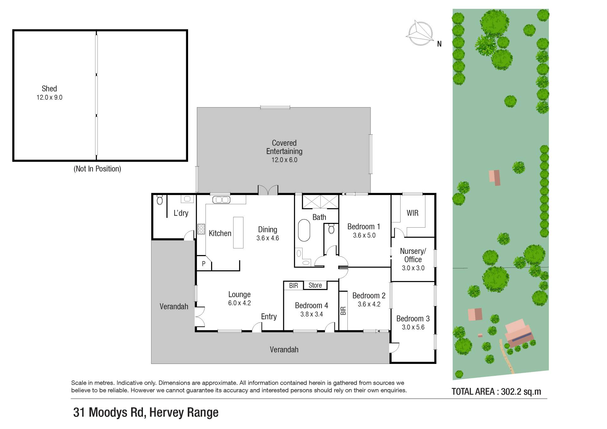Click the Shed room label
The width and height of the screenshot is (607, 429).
49,89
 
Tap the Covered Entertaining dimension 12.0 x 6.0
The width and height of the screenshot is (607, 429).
284,160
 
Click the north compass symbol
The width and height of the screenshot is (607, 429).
420,34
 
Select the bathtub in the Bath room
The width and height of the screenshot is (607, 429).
304,230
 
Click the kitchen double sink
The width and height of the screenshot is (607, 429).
221,200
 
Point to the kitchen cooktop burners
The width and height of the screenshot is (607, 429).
201,229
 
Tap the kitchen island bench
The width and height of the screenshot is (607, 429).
238,232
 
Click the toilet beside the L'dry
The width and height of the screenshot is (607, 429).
160,200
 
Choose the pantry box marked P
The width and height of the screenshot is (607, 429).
204,263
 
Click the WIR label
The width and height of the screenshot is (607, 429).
413,213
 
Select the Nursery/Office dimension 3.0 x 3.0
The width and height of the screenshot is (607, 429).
413,268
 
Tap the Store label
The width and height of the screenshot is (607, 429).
315,285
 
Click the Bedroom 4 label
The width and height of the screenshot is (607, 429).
311,305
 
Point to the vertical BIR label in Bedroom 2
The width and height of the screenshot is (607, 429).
343,311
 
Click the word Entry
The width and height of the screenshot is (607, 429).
269,317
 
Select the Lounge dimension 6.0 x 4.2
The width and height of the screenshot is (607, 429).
239,303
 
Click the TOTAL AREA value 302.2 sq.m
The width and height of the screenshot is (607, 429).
521,392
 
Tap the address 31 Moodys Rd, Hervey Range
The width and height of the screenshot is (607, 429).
146,413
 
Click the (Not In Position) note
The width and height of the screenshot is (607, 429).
97,169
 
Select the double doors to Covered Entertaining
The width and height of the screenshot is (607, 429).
268,190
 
